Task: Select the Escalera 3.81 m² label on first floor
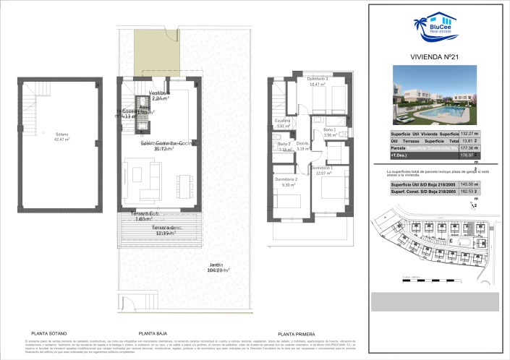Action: click(283, 123)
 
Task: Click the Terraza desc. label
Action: click(166, 230)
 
